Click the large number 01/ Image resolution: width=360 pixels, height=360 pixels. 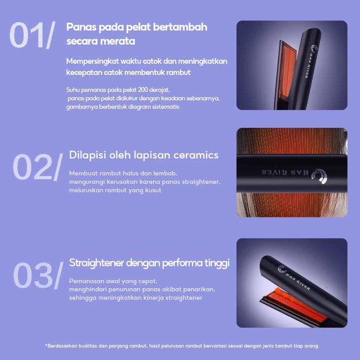coord(32,35)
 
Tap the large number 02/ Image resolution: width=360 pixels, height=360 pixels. coord(38,167)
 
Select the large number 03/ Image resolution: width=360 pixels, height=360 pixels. coord(38,275)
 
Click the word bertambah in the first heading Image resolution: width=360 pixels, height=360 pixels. coord(180,27)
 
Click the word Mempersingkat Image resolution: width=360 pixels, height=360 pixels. coord(93,62)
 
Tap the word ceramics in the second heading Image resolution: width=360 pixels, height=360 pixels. coord(196,155)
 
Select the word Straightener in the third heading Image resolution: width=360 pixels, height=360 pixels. coord(96,263)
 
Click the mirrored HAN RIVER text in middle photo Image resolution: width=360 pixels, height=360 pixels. coord(285,172)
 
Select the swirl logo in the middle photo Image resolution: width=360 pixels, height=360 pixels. coord(319,176)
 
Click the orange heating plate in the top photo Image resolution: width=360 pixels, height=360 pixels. coord(287,71)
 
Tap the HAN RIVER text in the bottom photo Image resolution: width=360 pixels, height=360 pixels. coord(299,281)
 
